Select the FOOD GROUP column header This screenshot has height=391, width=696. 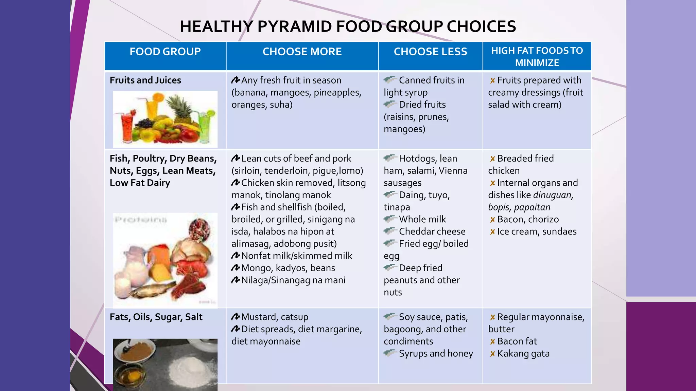click(165, 52)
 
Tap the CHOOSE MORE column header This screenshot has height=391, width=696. click(302, 52)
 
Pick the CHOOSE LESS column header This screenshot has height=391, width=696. click(430, 52)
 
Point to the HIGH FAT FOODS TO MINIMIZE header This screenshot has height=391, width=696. click(537, 57)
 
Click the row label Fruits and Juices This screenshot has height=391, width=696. click(145, 80)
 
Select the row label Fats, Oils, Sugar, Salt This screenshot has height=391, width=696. click(156, 317)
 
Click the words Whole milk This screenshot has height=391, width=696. click(422, 220)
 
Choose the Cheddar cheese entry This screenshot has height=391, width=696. click(432, 232)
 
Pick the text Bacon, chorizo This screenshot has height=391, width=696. click(528, 220)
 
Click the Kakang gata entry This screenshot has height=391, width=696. click(523, 354)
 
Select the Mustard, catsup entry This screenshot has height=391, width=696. click(275, 317)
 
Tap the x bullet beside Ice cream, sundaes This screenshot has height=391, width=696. click(492, 232)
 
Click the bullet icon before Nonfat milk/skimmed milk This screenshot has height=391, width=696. click(236, 256)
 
